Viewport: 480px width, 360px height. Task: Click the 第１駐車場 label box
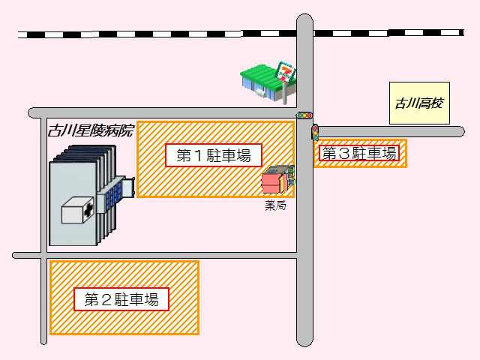point(214,155)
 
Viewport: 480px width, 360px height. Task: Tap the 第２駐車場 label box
point(121,299)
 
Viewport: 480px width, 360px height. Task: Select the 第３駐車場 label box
point(359,154)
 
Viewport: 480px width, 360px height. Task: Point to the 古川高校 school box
point(419,103)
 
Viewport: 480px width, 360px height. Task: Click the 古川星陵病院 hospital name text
point(90,130)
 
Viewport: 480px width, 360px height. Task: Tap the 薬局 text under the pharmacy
point(275,205)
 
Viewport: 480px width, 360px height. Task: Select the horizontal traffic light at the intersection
point(304,115)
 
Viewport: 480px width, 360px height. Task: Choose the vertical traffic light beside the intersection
point(316,133)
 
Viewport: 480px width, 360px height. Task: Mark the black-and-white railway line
point(150,34)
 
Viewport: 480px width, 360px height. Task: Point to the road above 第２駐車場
point(150,255)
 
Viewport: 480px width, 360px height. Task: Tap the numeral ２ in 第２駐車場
point(107,299)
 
